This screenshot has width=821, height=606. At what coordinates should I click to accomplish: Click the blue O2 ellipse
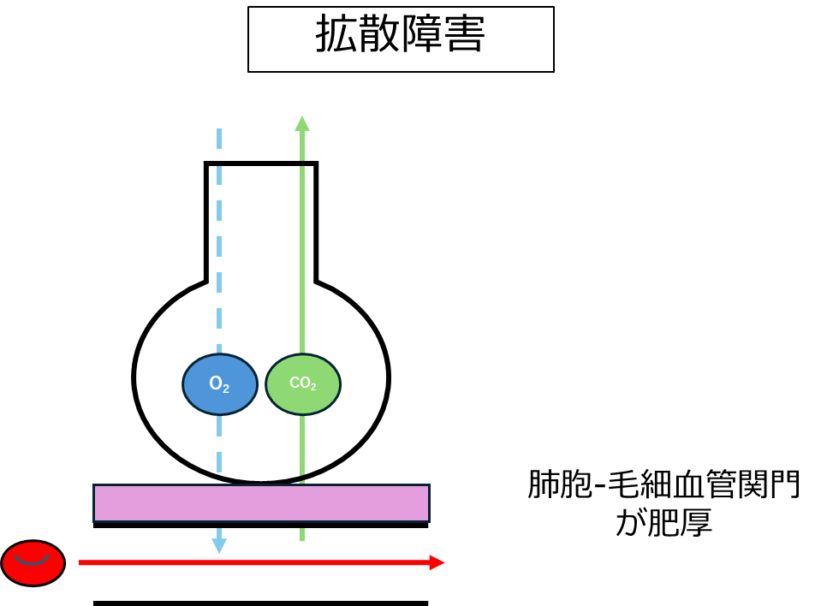point(220,384)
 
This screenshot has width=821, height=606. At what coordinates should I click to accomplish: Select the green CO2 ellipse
point(303,384)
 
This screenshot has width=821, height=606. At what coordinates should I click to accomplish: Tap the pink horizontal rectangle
point(261,503)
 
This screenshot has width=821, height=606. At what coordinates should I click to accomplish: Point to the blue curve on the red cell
point(32,561)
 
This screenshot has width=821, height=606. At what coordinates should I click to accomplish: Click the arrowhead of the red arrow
point(437,562)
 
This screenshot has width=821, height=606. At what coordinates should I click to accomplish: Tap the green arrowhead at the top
point(302,124)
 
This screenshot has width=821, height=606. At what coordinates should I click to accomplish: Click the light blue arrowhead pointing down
point(219,545)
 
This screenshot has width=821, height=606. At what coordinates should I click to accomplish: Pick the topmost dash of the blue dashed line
point(219,139)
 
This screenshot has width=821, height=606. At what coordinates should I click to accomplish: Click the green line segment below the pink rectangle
point(302,535)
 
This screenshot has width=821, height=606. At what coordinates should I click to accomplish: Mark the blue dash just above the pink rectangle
point(219,462)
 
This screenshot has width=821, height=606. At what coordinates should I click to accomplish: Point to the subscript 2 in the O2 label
point(226,389)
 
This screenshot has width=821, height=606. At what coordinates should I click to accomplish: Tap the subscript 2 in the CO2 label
point(313,387)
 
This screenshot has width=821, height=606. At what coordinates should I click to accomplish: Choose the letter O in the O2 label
point(215,383)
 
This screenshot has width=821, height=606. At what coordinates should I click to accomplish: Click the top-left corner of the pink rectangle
point(95,486)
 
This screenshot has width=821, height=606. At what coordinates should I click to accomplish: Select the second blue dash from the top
point(219,175)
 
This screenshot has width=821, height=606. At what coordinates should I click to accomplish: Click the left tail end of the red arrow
point(80,562)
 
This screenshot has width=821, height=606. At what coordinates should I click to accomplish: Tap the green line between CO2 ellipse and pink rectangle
point(302,445)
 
